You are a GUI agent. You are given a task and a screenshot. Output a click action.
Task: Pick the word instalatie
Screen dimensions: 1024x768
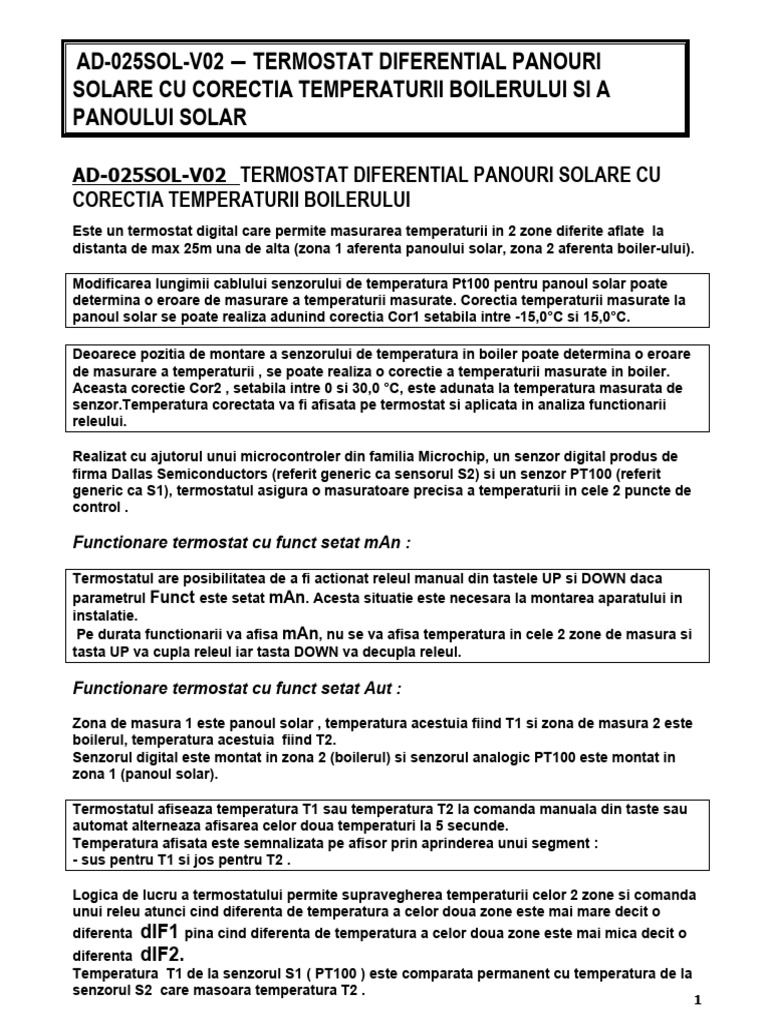[x=104, y=617]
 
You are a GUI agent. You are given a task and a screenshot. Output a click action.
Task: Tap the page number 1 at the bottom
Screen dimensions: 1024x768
[x=698, y=1000]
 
